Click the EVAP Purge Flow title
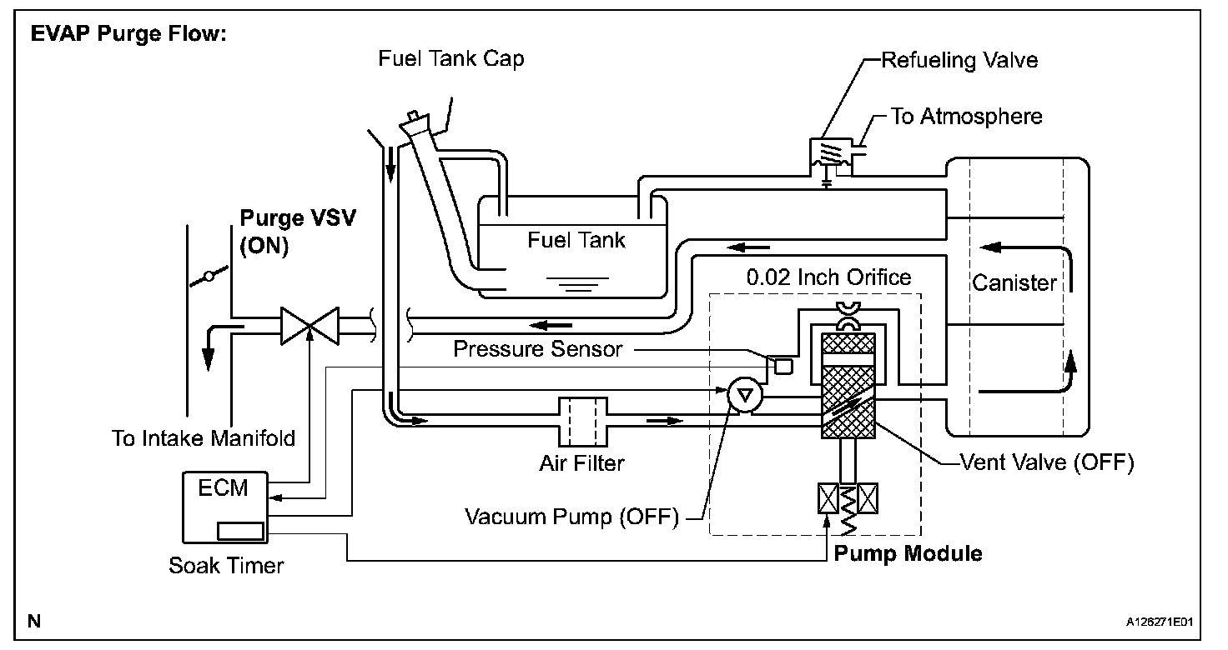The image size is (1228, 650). [128, 33]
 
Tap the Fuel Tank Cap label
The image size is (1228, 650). [451, 58]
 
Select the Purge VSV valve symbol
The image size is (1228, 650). [310, 326]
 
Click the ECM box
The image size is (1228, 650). [224, 507]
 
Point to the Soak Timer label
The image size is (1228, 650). [226, 565]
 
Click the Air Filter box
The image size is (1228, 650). [583, 422]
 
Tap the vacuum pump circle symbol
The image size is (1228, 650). [744, 394]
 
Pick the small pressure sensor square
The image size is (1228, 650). [783, 365]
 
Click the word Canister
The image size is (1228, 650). [1014, 283]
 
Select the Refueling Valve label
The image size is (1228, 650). [959, 60]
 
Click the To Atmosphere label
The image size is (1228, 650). [966, 116]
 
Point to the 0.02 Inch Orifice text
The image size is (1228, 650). [828, 277]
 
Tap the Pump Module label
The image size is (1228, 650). [908, 553]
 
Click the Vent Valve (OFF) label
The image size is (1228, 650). [1046, 462]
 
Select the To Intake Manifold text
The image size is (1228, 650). [204, 438]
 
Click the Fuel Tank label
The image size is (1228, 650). [576, 240]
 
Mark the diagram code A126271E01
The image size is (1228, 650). [1160, 622]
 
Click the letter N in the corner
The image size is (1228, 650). [34, 621]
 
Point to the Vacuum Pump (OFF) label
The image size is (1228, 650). [571, 517]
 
